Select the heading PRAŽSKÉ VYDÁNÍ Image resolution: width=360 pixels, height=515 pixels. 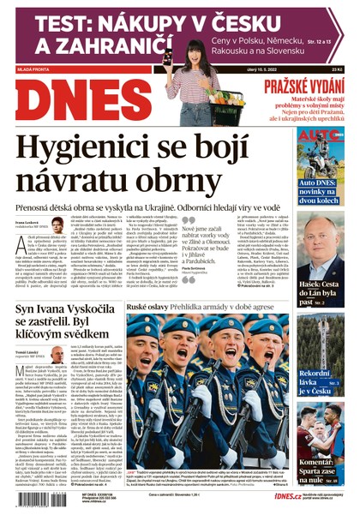tap(304, 85)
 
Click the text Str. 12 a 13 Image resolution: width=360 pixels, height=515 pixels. tap(326, 39)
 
